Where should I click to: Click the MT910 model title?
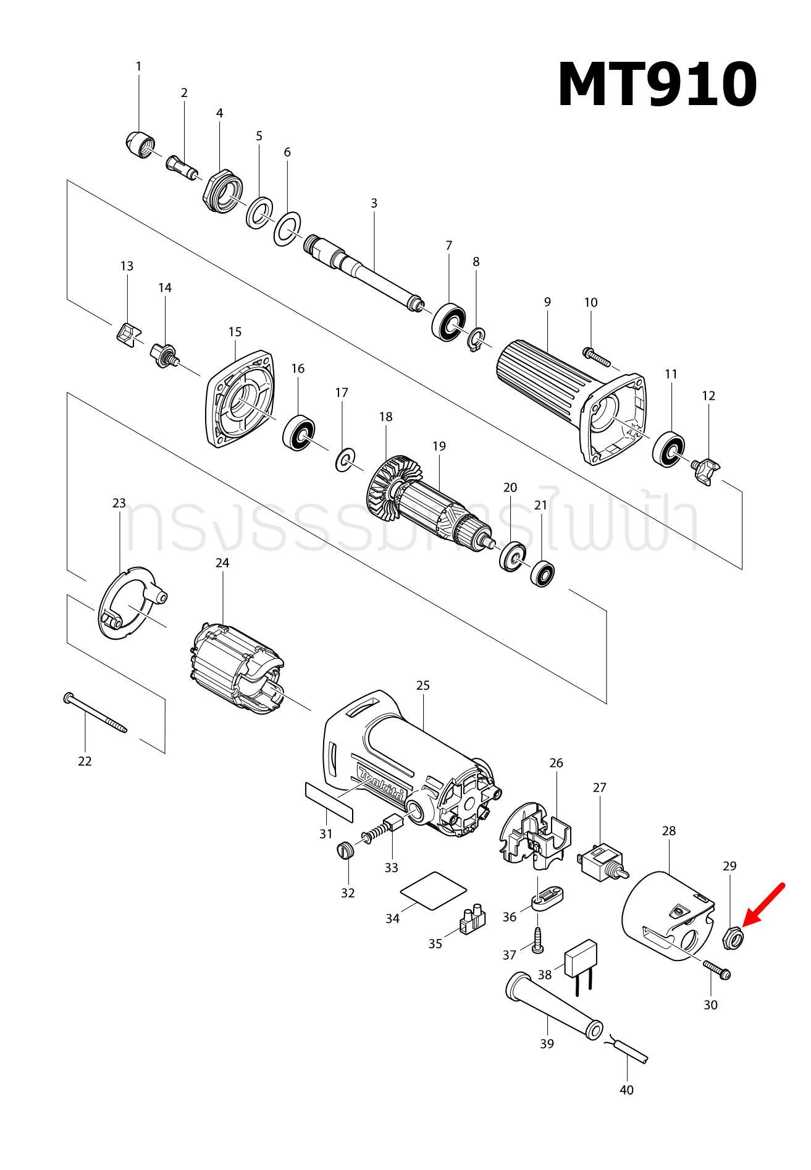[657, 85]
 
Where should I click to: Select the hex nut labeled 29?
[732, 939]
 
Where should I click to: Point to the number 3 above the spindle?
[374, 203]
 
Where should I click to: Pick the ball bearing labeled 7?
[448, 321]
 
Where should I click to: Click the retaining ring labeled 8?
[476, 340]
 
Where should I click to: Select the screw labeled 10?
[597, 357]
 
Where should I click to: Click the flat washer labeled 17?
[345, 460]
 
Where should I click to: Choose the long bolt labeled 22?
[95, 713]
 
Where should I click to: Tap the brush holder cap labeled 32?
[347, 850]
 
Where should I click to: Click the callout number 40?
[626, 1090]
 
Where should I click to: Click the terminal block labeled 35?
[473, 920]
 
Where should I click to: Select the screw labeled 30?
[716, 969]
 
